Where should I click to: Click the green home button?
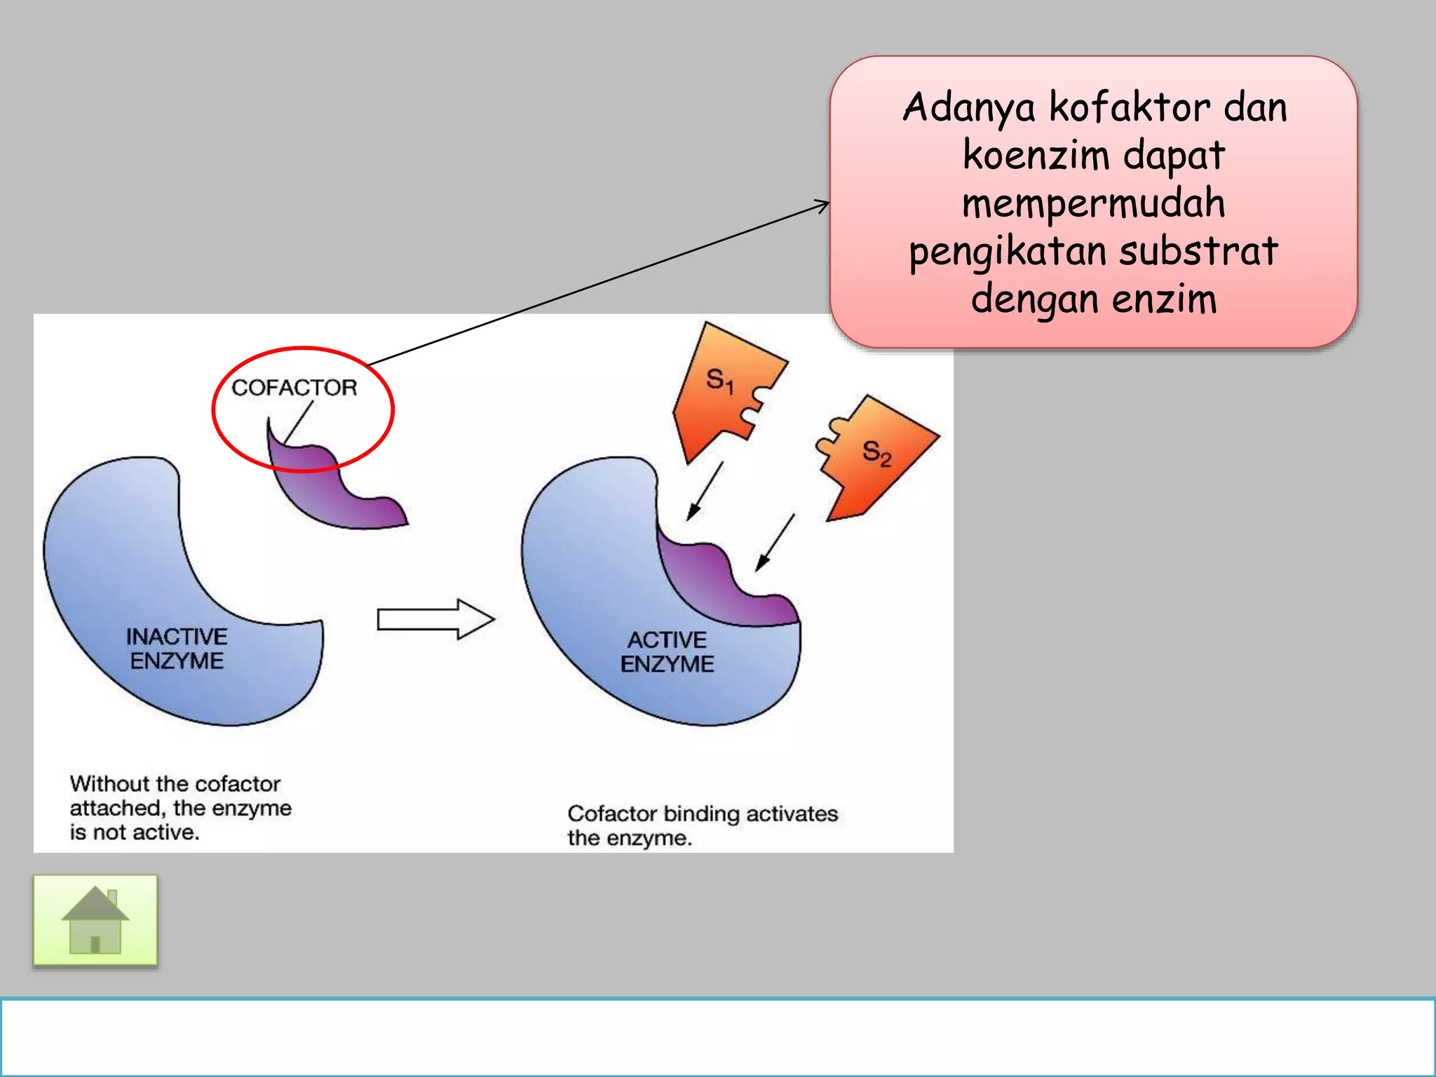click(95, 921)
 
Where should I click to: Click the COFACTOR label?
click(294, 388)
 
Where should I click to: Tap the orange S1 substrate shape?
click(722, 393)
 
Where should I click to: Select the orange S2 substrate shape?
click(876, 456)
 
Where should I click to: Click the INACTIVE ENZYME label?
click(177, 649)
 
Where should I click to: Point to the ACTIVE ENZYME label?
click(667, 651)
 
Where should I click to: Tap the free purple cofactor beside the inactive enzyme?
click(337, 491)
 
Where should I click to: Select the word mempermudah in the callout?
click(1093, 203)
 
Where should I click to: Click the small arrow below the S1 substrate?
click(705, 491)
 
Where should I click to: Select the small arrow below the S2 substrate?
click(775, 542)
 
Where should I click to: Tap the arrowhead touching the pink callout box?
click(822, 205)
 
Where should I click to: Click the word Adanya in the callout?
click(968, 109)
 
